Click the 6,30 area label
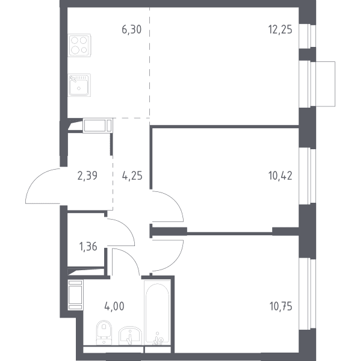(131, 29)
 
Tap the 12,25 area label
(280, 29)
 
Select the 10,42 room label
(280, 176)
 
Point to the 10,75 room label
(281, 306)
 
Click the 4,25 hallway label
(132, 176)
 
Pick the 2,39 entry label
(87, 176)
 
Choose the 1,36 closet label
(88, 247)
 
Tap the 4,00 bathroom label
(114, 306)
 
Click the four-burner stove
(79, 45)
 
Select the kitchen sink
(79, 85)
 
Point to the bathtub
(157, 312)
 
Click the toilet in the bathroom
(104, 333)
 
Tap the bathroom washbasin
(130, 336)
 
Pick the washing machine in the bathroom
(75, 295)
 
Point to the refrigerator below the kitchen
(98, 126)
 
